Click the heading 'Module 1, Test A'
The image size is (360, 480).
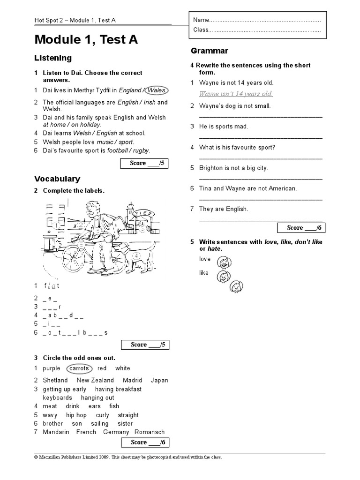point(86,40)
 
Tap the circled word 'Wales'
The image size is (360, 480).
point(157,90)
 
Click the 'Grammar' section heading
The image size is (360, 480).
point(210,51)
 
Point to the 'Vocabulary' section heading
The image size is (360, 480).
point(57,179)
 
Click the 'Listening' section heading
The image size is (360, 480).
point(53,58)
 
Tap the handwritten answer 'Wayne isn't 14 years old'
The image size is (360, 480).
point(236,94)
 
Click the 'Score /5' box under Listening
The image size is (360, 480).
point(143,163)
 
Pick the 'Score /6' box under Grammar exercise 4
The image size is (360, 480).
point(300,228)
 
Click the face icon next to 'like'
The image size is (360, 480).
point(223,277)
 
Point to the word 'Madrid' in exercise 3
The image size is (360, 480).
point(132,380)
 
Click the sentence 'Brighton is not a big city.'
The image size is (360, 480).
point(233,168)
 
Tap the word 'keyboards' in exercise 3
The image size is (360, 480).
point(58,397)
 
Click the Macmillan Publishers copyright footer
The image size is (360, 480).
point(128,457)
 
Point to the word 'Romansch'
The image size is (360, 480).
point(150,432)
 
